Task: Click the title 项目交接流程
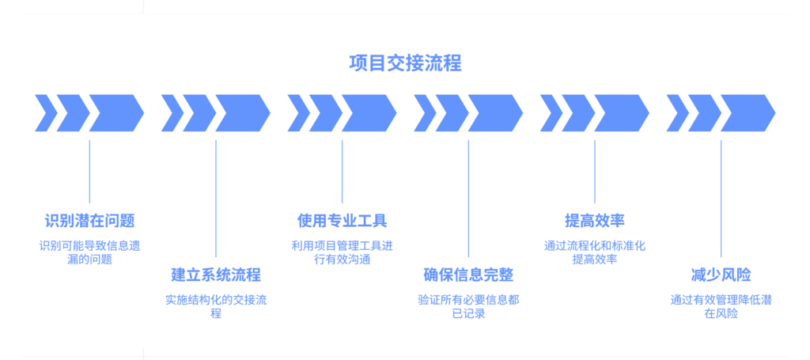[405, 63]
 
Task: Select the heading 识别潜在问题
[89, 221]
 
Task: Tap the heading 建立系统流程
[216, 275]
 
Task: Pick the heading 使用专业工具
[342, 221]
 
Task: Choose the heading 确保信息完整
[468, 275]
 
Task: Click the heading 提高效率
[595, 221]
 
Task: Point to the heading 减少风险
[721, 275]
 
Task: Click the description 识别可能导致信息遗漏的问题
[89, 252]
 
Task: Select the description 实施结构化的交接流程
[216, 307]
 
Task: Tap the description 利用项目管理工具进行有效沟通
[342, 252]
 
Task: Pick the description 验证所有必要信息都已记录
[468, 307]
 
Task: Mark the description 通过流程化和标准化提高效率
[595, 252]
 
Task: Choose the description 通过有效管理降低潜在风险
[721, 307]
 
